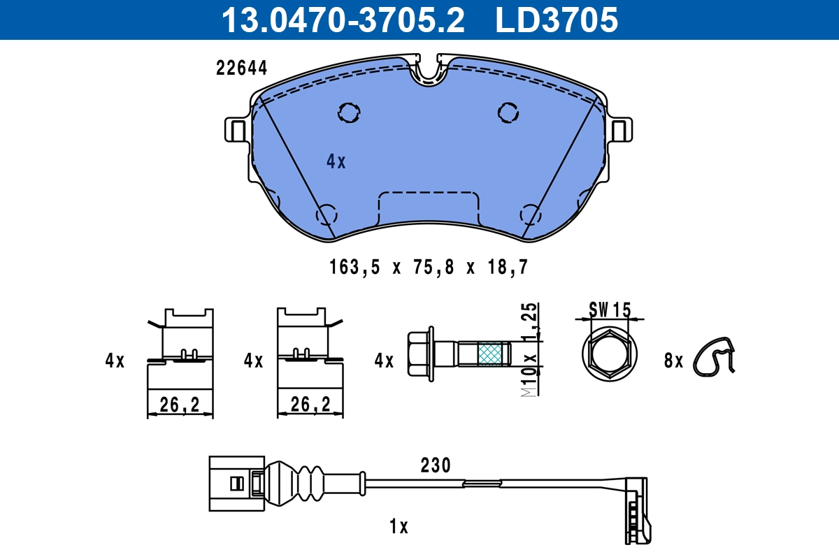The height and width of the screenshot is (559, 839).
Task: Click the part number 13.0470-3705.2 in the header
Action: pyautogui.click(x=343, y=20)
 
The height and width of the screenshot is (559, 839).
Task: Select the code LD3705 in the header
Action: pyautogui.click(x=557, y=20)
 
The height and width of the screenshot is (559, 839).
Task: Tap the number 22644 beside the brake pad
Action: pyautogui.click(x=241, y=68)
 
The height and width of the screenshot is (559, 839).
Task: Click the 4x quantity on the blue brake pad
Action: pyautogui.click(x=336, y=162)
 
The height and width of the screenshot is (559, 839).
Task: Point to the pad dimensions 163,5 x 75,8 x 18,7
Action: pyautogui.click(x=427, y=267)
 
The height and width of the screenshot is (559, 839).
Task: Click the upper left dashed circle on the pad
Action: pyautogui.click(x=348, y=112)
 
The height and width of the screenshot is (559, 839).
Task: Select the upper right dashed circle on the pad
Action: pyautogui.click(x=508, y=112)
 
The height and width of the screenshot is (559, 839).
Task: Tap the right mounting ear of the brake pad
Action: pyautogui.click(x=619, y=130)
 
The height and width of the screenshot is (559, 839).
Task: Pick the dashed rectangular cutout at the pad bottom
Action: pyautogui.click(x=428, y=208)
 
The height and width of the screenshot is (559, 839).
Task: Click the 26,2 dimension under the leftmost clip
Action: pyautogui.click(x=180, y=404)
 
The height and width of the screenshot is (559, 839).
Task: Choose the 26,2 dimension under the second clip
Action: pyautogui.click(x=310, y=404)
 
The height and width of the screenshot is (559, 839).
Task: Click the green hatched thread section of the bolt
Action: pyautogui.click(x=489, y=354)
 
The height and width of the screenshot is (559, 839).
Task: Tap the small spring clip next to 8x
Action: pyautogui.click(x=715, y=357)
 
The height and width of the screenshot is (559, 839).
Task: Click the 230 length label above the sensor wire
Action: pyautogui.click(x=435, y=465)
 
